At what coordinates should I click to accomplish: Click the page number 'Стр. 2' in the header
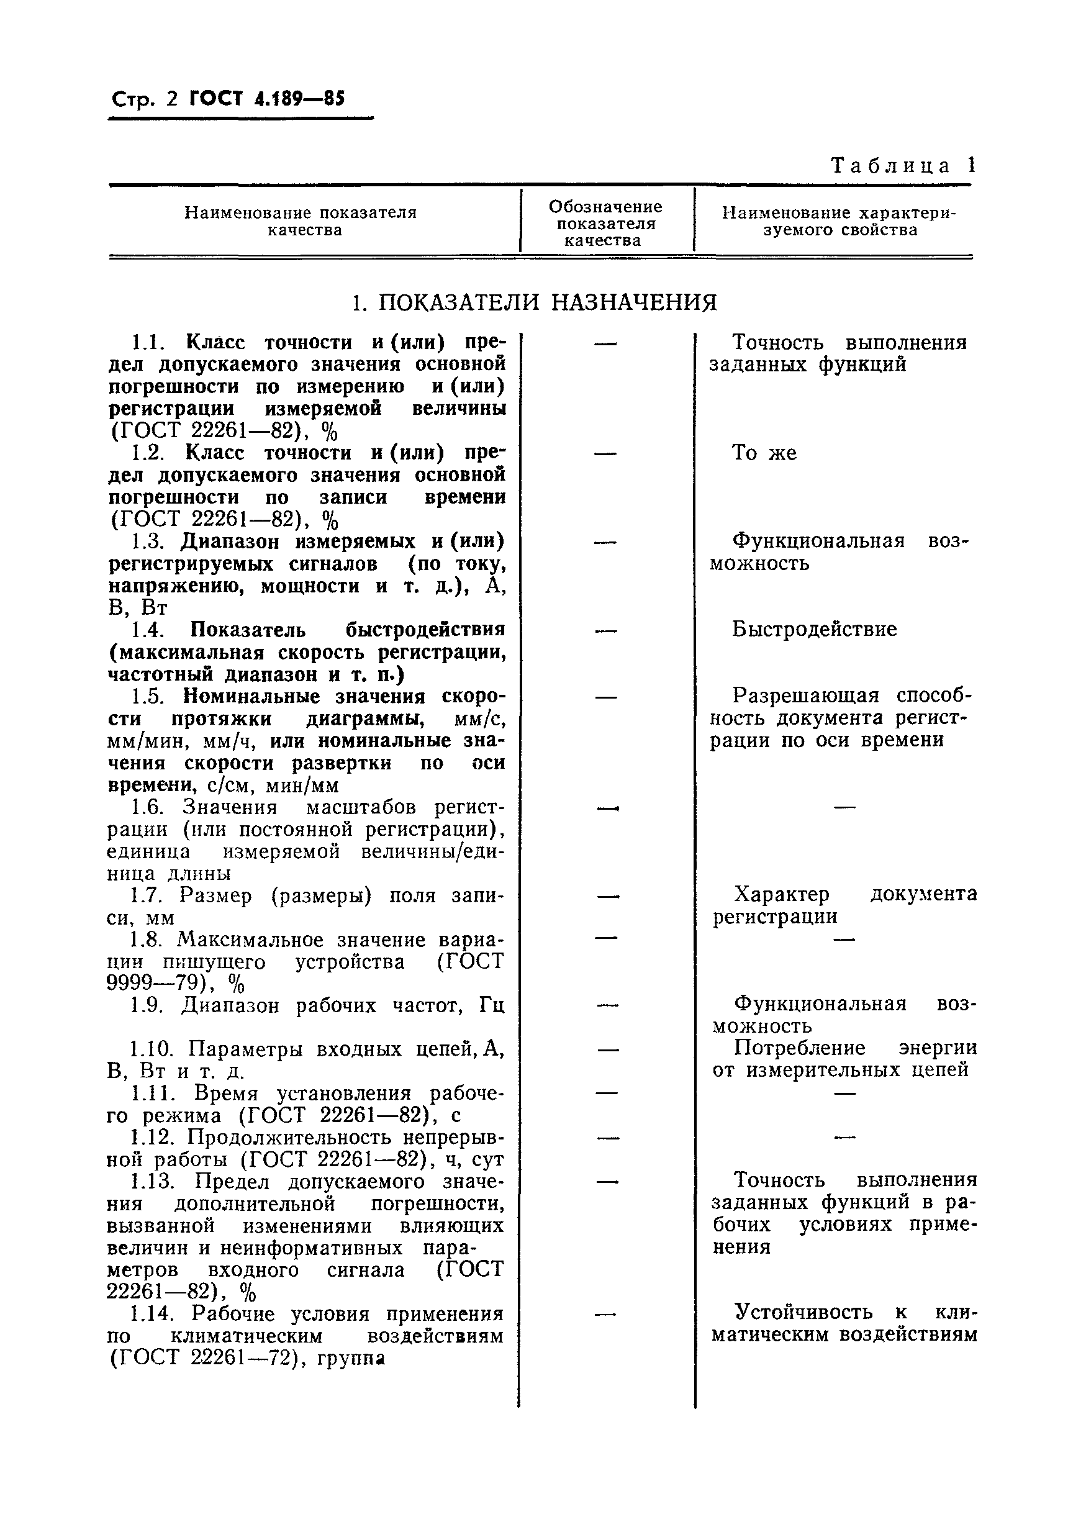[143, 100]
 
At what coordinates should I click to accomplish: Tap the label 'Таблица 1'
[903, 166]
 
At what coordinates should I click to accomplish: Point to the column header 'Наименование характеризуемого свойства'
[838, 221]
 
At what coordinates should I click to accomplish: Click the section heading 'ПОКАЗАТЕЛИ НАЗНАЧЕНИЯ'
[546, 302]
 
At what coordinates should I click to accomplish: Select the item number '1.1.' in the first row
[147, 343]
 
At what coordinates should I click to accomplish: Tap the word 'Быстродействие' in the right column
[813, 629]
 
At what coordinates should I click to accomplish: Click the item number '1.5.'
[147, 696]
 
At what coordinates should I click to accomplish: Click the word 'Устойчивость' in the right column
[804, 1311]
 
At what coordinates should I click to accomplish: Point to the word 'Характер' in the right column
[782, 894]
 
